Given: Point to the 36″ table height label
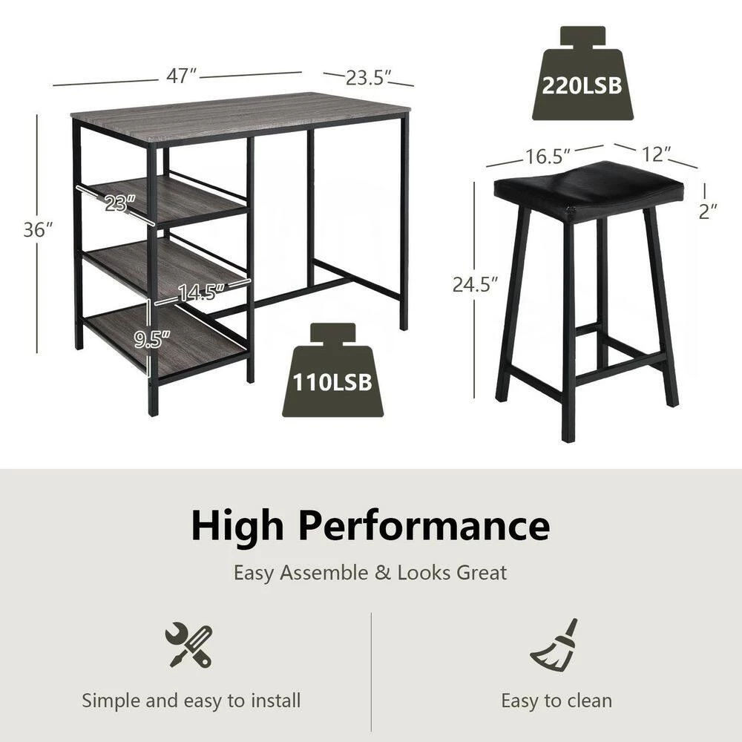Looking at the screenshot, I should point(38,230).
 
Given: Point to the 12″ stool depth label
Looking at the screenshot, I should point(657,154).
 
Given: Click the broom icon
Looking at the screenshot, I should point(555,644).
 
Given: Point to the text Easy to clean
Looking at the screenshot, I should point(556,700).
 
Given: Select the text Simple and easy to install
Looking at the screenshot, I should point(191,700).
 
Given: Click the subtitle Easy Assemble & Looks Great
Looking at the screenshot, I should point(370,573).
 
